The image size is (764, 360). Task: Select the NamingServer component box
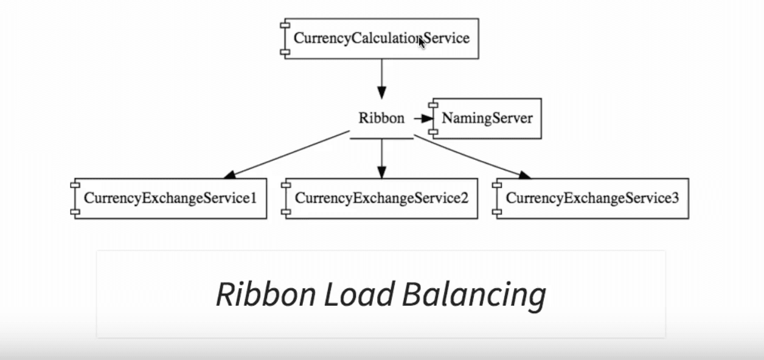[x=487, y=119]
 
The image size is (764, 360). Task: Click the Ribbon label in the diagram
[x=381, y=119]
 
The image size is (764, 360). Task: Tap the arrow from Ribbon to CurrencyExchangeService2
[x=381, y=158]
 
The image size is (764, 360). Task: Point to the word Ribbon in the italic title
[x=266, y=294]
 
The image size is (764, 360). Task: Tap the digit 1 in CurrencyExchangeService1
[x=254, y=198]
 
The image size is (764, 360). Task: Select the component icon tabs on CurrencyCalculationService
[x=284, y=38]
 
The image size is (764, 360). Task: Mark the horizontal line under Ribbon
[x=381, y=138]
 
